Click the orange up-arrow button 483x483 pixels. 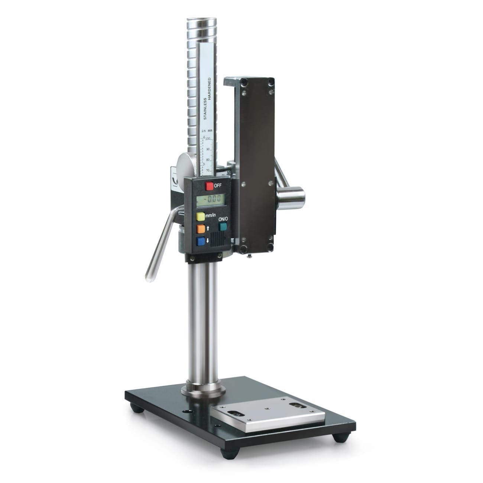pyautogui.click(x=201, y=228)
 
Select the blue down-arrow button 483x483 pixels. pyautogui.click(x=201, y=241)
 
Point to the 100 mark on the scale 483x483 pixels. pyautogui.click(x=208, y=139)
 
